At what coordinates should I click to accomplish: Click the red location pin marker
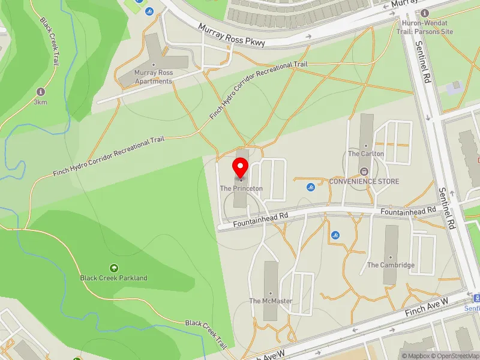coord(241,167)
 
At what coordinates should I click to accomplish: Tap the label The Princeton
coord(241,188)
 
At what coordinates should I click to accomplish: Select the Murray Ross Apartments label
coord(154,77)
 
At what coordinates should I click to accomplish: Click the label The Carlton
coord(366,154)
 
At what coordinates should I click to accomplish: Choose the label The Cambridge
coord(391,265)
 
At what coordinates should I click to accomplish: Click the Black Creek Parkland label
coord(114,278)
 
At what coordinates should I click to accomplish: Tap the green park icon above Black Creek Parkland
coord(113,268)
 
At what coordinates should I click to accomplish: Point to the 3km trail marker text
coord(41,102)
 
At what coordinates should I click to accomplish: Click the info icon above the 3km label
coord(41,92)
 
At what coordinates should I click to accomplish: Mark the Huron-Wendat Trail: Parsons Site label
coord(427,28)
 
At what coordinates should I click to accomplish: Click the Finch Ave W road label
coord(427,310)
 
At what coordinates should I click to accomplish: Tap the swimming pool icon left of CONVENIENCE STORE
coord(310,187)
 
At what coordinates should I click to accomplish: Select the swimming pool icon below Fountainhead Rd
coord(335,235)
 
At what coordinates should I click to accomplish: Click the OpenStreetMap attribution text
coord(454,356)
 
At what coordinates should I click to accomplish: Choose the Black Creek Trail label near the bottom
coord(206,334)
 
